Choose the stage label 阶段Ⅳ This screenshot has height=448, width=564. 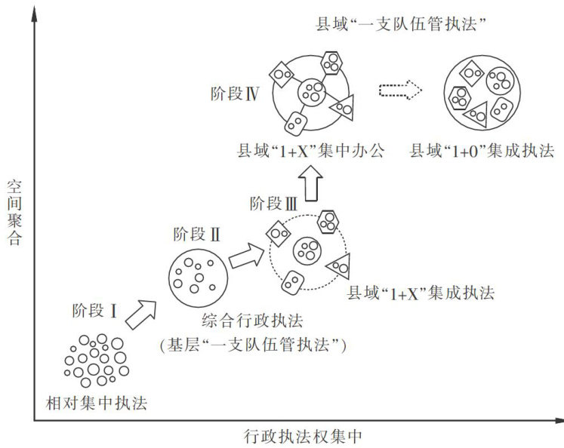click(x=236, y=94)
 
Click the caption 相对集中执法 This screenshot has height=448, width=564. click(x=95, y=403)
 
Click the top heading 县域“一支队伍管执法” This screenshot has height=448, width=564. click(x=399, y=25)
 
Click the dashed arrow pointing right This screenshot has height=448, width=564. click(x=399, y=91)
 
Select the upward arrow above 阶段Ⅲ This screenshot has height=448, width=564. click(x=309, y=183)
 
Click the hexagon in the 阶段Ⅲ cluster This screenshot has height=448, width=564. click(x=328, y=222)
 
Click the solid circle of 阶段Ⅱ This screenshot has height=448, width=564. click(x=195, y=275)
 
